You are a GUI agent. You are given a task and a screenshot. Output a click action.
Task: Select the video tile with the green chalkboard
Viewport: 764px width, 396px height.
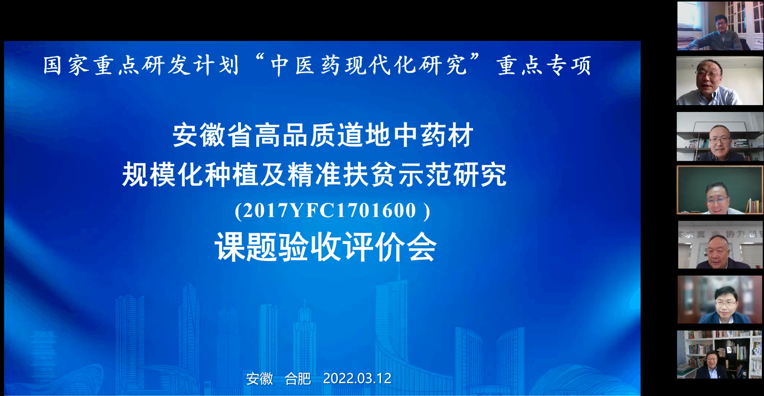(x=720, y=190)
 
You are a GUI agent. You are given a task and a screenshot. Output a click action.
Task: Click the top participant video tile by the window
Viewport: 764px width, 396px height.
(x=720, y=26)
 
